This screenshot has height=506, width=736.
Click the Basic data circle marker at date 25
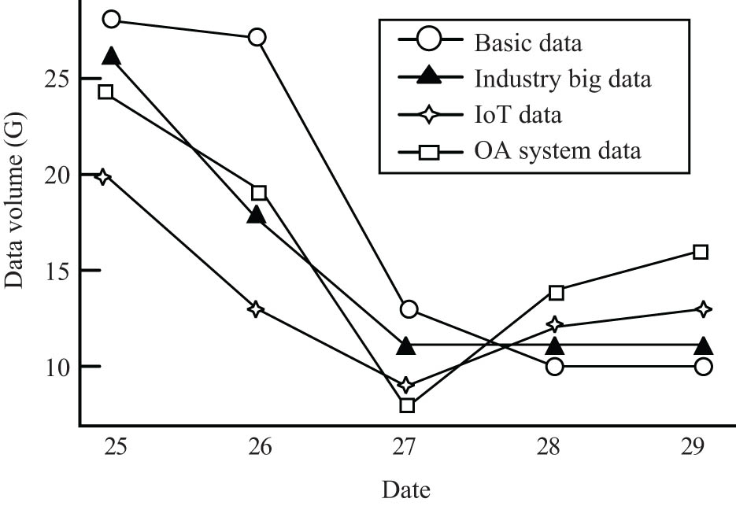click(x=112, y=19)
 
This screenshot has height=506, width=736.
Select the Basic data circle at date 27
click(x=408, y=309)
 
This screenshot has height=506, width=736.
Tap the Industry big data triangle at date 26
click(x=256, y=214)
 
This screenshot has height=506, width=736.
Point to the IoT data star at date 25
click(x=103, y=176)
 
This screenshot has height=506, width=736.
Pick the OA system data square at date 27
click(x=407, y=405)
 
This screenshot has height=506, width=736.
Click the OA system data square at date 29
click(x=701, y=252)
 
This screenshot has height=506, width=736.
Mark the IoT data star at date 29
click(x=703, y=309)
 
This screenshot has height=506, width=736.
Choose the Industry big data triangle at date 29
click(x=704, y=345)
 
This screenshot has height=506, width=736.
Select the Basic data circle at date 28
click(x=554, y=366)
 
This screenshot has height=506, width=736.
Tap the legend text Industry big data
click(x=563, y=79)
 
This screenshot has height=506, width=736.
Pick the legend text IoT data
click(x=518, y=115)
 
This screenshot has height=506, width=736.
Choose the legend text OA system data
click(x=557, y=150)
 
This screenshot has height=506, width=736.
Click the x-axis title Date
click(x=406, y=489)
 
